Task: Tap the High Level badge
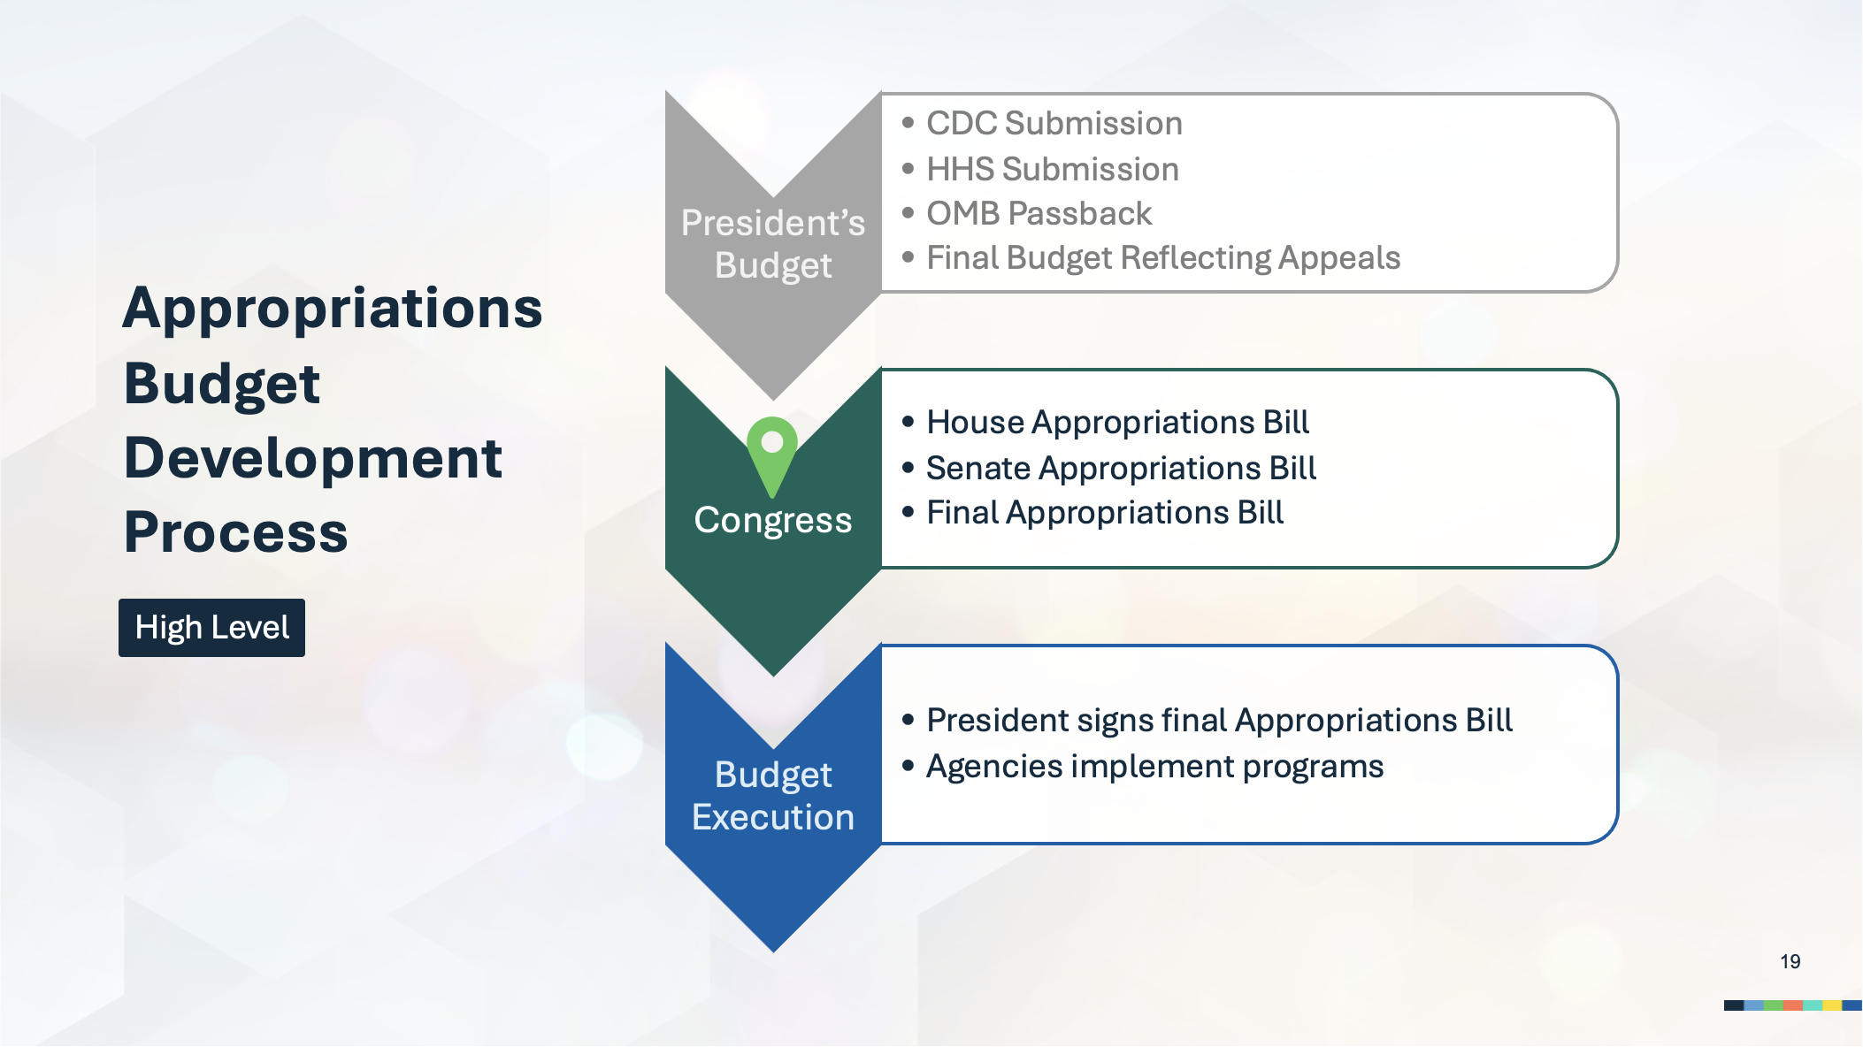tap(212, 628)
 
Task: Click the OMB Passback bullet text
tap(1039, 213)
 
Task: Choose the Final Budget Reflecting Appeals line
tap(1163, 258)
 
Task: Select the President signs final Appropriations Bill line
tap(1220, 721)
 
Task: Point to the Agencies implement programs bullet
tap(1155, 766)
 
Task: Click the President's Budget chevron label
tap(773, 244)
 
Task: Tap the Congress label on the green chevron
tap(773, 521)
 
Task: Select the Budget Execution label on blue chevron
tap(773, 796)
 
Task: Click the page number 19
tap(1790, 961)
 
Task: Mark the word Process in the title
tap(236, 532)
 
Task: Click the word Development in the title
tap(313, 458)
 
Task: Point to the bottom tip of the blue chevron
tap(773, 952)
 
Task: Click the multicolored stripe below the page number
tap(1793, 1005)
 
